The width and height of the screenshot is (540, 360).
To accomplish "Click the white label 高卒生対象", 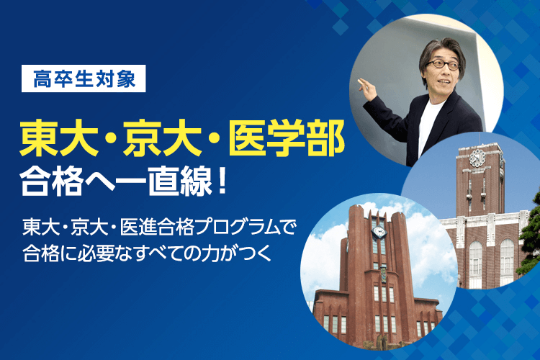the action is coord(84,78).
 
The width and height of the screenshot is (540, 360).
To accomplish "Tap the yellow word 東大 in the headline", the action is coord(59,138).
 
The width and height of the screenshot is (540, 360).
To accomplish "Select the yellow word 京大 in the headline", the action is coord(162,138).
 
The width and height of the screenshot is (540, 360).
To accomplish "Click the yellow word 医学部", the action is coord(287,138).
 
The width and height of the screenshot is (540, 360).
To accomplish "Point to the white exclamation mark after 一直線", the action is coord(222,181).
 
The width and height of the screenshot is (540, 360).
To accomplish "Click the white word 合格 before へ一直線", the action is coord(52,181).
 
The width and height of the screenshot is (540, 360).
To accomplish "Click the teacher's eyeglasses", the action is coord(443,64).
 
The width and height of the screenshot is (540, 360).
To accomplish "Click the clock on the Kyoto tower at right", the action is coord(477,158).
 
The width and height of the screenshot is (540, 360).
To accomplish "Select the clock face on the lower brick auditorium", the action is coord(379,231).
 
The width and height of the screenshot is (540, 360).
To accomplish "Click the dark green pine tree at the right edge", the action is coord(531,238).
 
